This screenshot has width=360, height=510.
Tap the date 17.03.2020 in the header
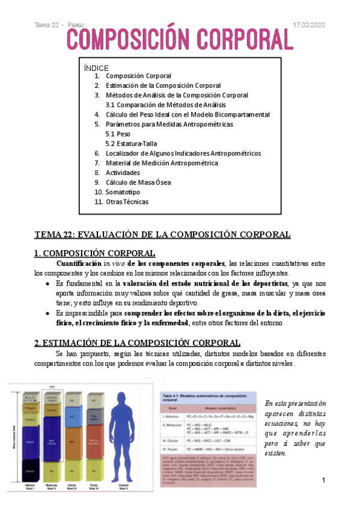point(308,25)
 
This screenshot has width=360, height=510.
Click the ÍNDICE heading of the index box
point(96,67)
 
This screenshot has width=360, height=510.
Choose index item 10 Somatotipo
point(123,191)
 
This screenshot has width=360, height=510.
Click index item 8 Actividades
point(123,173)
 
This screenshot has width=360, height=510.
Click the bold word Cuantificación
point(76,263)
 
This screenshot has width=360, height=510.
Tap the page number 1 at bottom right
point(323,481)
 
